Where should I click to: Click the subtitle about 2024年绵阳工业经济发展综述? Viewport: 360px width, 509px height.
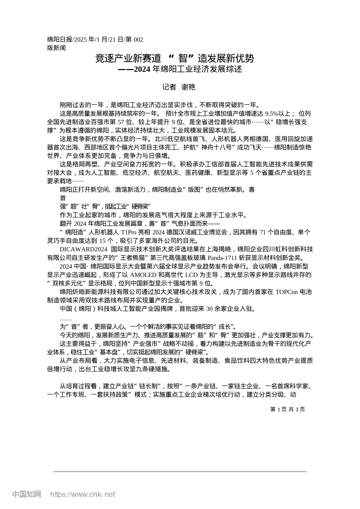point(180,69)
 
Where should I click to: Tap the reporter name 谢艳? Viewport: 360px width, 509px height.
point(188,87)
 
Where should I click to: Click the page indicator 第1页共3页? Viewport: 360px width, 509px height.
point(288,409)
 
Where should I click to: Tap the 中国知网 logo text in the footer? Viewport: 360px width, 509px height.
point(27,494)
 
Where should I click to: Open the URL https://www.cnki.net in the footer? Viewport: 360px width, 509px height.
point(83,495)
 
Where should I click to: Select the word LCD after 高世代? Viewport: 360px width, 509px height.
point(191,275)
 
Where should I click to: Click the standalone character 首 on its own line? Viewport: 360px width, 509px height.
point(63,198)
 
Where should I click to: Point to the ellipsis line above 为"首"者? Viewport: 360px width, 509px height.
point(66,318)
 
